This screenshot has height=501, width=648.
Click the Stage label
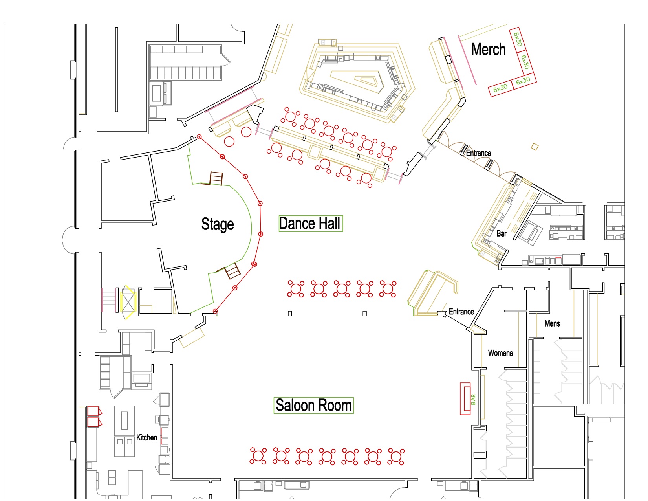(x=217, y=224)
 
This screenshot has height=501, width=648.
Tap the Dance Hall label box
(x=310, y=224)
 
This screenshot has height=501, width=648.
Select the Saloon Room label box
(x=313, y=405)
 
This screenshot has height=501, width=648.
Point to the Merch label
(x=488, y=50)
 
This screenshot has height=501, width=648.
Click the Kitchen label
(x=146, y=437)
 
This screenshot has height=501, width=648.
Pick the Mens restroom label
(x=552, y=323)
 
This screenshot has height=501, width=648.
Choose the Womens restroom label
(x=500, y=353)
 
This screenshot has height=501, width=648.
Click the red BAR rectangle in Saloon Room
(x=465, y=398)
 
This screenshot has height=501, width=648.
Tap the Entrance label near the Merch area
(x=478, y=153)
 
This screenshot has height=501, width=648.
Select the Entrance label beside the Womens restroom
(x=461, y=312)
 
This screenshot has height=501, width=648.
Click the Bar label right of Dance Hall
(x=502, y=233)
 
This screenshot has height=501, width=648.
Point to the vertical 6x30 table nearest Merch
(x=518, y=39)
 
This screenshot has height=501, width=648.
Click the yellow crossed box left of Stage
(x=128, y=302)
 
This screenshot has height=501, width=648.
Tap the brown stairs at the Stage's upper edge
(x=216, y=178)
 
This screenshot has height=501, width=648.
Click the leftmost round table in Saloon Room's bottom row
(x=258, y=456)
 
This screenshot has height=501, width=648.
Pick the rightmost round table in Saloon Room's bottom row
(x=396, y=456)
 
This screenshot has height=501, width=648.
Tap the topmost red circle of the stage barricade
(x=199, y=137)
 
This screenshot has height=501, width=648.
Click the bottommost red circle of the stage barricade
(x=215, y=311)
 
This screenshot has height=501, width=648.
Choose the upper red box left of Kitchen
(x=93, y=411)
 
